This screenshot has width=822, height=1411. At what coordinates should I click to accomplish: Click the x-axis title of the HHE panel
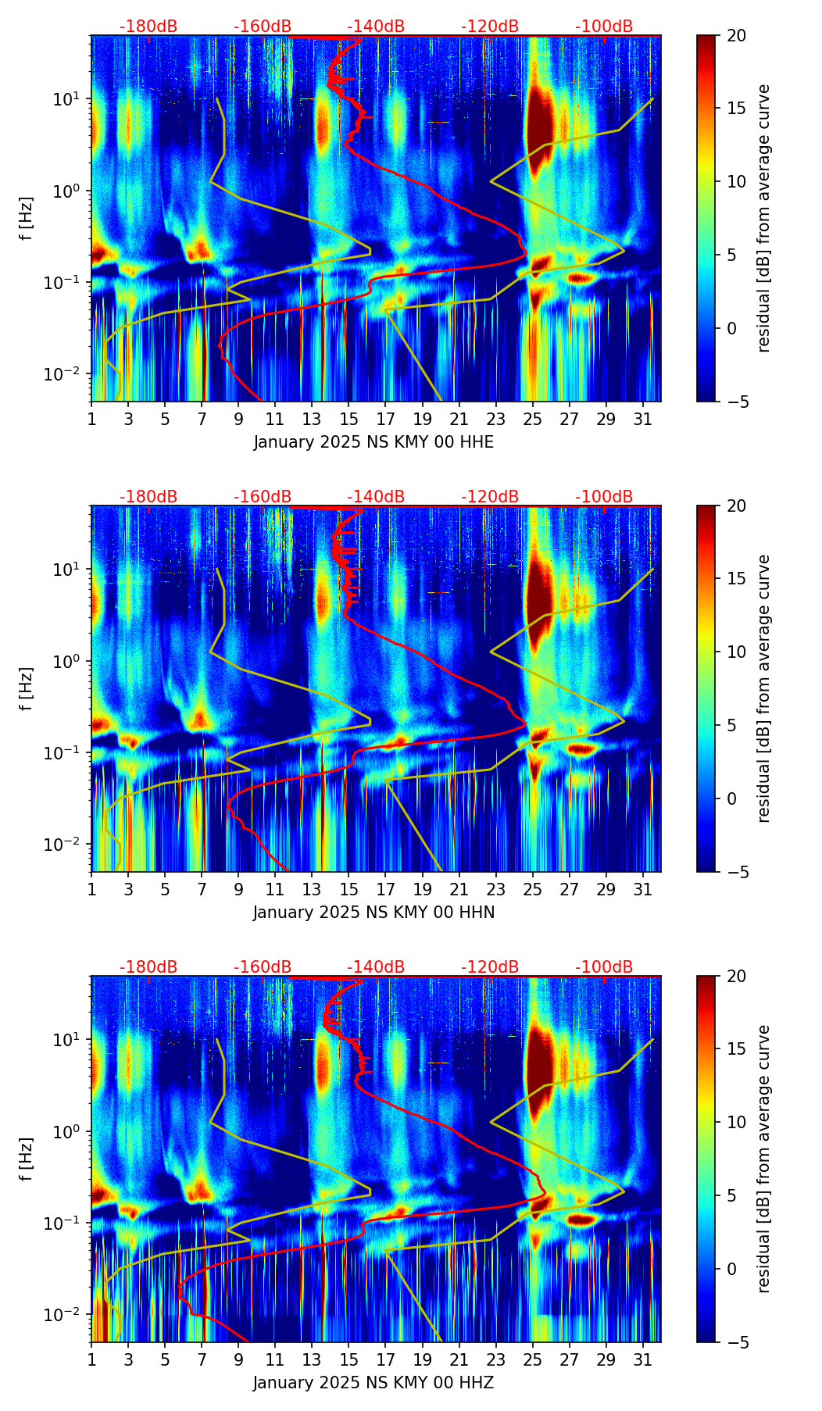tap(373, 442)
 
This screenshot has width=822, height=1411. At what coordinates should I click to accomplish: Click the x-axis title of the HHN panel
tap(373, 913)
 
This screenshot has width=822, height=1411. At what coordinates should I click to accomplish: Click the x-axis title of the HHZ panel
tap(373, 1383)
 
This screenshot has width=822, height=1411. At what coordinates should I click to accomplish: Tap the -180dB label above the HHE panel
tap(148, 27)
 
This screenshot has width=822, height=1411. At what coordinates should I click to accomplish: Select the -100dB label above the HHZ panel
tap(604, 967)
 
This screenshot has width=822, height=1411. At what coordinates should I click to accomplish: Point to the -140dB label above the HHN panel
tap(376, 497)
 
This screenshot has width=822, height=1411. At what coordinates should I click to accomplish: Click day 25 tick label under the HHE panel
tap(532, 419)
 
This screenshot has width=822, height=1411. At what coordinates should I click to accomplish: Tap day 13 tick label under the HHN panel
tap(312, 889)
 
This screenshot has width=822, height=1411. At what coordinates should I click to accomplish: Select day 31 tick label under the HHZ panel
tap(642, 1359)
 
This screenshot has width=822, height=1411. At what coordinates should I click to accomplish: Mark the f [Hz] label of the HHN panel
tap(27, 688)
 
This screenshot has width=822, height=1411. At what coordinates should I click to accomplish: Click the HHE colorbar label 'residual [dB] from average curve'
tap(764, 218)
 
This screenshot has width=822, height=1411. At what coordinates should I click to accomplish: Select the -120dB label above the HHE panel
tap(490, 27)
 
